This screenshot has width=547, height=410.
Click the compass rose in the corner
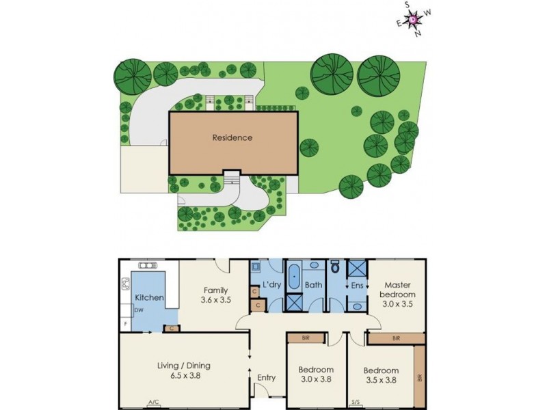click(414, 19)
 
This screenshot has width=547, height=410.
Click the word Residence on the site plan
click(232, 137)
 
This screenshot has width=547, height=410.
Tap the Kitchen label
click(148, 298)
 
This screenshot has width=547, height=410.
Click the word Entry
click(266, 377)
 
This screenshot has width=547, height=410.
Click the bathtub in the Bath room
click(295, 277)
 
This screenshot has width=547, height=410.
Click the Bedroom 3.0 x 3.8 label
click(316, 374)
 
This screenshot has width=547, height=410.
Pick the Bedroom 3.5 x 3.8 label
click(382, 374)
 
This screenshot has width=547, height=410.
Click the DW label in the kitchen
click(138, 310)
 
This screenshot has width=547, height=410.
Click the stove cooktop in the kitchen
click(126, 283)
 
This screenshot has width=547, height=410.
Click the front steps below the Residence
click(232, 177)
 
